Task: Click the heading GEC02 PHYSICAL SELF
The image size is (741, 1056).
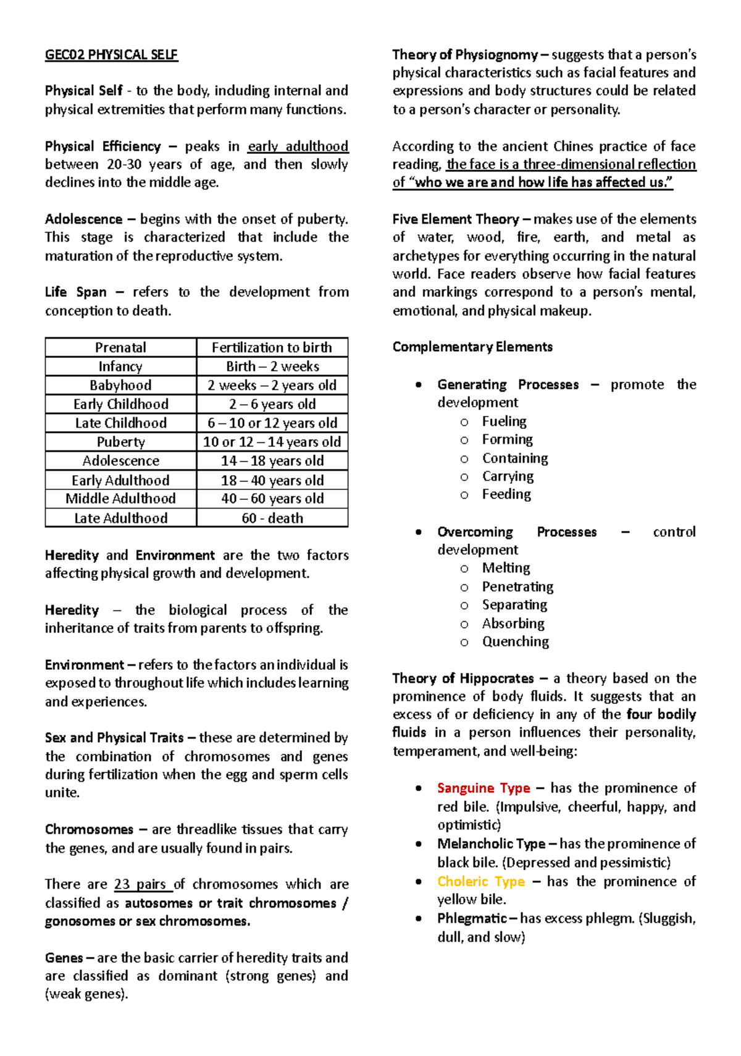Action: click(x=111, y=55)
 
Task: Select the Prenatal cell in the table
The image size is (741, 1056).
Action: click(x=121, y=347)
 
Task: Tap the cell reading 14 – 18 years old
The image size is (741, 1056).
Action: click(x=272, y=461)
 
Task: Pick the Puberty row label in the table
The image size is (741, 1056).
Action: click(x=121, y=442)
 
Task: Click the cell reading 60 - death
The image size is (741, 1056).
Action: click(x=272, y=518)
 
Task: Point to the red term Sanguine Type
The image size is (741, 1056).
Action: click(x=484, y=788)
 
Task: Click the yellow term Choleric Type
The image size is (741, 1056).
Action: click(x=481, y=881)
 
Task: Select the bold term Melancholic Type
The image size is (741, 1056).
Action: click(x=491, y=843)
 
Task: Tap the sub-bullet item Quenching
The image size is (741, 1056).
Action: click(x=515, y=641)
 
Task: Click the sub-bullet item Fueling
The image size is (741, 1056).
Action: click(x=504, y=421)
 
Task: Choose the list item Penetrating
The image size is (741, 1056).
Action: click(x=517, y=586)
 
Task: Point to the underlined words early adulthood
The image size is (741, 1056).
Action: click(x=298, y=146)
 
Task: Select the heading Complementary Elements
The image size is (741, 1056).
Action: click(x=472, y=347)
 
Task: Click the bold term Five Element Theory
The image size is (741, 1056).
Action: click(x=456, y=219)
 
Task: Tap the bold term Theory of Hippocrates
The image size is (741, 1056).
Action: click(x=463, y=678)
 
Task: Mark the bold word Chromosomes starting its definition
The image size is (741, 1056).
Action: click(x=89, y=829)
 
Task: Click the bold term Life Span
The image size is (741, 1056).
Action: click(x=75, y=292)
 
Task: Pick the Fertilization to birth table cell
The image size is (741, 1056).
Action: click(x=272, y=347)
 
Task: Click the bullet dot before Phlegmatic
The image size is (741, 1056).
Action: click(x=419, y=918)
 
